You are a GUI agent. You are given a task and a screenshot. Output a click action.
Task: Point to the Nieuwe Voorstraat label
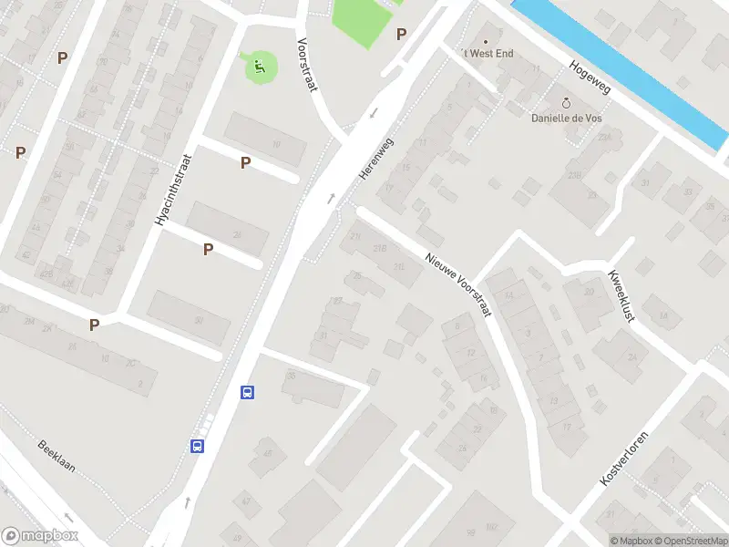coord(458,284)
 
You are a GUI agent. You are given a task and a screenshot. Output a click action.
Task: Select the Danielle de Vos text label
coord(567,118)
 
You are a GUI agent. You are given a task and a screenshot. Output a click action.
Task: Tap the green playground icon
coord(259,65)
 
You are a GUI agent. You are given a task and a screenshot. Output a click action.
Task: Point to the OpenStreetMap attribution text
coord(692,541)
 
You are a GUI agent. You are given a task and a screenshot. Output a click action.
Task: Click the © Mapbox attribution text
coord(631,541)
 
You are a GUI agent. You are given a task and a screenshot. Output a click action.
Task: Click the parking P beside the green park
coord(401,35)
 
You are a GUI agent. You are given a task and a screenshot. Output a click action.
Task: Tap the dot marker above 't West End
coord(485,41)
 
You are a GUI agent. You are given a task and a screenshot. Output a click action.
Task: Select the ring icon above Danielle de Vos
coord(566,103)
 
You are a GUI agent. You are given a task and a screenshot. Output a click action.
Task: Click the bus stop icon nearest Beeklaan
coord(197,446)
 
